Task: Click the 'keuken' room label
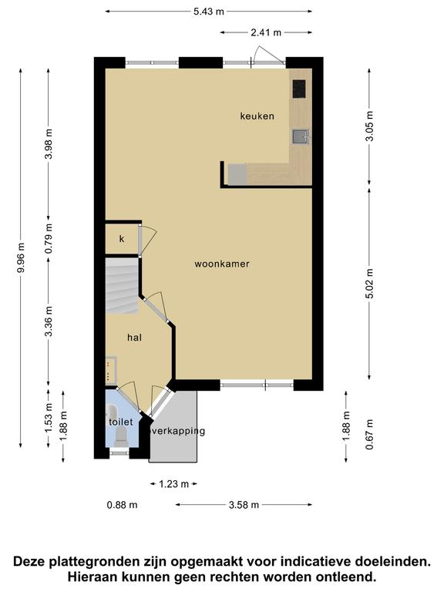(257, 116)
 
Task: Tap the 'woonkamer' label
(222, 264)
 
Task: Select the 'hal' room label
(134, 337)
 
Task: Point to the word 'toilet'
(121, 422)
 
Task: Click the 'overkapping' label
(178, 431)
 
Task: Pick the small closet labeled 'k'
(122, 239)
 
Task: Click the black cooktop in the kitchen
(298, 89)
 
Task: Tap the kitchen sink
(300, 137)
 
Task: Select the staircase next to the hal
(122, 285)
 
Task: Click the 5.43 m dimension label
(209, 12)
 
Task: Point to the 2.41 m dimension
(266, 32)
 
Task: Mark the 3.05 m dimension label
(370, 126)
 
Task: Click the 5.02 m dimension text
(370, 284)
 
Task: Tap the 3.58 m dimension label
(244, 505)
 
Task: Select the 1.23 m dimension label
(173, 484)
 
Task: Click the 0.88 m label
(122, 505)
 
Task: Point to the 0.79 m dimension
(49, 239)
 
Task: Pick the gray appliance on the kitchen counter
(237, 174)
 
